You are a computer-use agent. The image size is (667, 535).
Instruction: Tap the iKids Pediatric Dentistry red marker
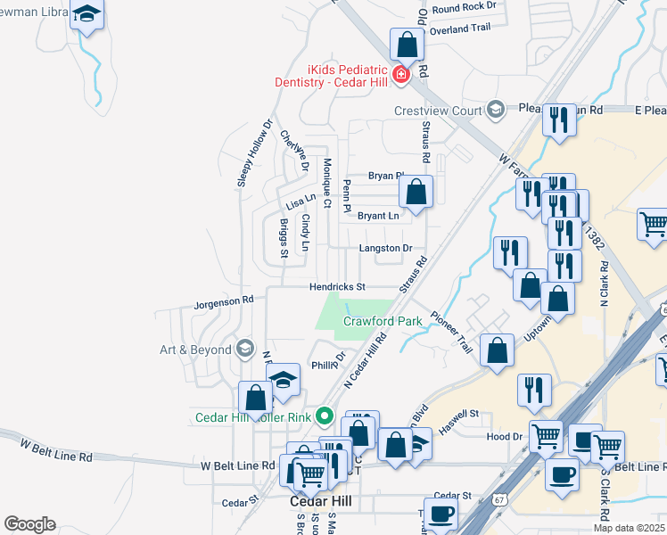(401, 74)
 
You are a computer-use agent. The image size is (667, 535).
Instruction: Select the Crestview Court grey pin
(497, 111)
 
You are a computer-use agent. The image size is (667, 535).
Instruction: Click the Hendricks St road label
(338, 287)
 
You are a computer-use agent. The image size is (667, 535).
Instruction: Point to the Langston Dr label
(385, 248)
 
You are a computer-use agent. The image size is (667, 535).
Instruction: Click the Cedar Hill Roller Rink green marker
(325, 416)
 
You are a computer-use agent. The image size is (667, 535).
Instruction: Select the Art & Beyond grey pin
(245, 350)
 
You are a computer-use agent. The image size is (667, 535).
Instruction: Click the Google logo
(29, 524)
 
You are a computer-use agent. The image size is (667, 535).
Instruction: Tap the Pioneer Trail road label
(450, 332)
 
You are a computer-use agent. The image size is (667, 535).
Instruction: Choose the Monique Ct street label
(327, 184)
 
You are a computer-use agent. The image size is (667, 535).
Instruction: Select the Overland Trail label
(460, 28)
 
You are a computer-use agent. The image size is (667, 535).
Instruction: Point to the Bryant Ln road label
(378, 216)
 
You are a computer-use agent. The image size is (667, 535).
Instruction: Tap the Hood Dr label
(505, 437)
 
